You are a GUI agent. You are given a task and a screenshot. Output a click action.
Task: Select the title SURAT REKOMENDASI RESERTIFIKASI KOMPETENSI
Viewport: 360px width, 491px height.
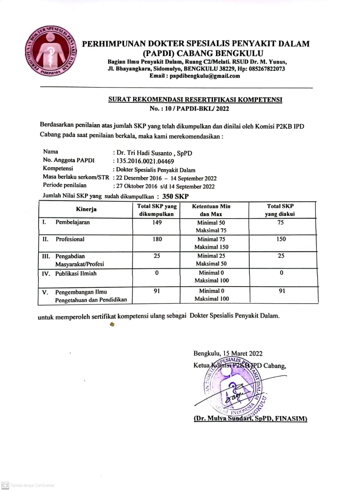pyautogui.click(x=195, y=100)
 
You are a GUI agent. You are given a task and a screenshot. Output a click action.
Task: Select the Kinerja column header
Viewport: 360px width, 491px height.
pyautogui.click(x=86, y=209)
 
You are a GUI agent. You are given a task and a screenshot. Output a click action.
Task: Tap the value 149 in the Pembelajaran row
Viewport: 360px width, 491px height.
pyautogui.click(x=157, y=222)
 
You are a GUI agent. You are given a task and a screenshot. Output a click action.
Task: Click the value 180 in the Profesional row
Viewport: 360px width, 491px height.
pyautogui.click(x=157, y=239)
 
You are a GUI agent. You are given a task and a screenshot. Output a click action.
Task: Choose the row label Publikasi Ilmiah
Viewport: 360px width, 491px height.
pyautogui.click(x=76, y=274)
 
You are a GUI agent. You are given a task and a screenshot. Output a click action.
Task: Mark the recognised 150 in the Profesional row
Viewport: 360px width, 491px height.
pyautogui.click(x=281, y=239)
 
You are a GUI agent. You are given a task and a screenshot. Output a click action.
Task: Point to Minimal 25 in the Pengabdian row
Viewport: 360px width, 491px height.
pyautogui.click(x=211, y=256)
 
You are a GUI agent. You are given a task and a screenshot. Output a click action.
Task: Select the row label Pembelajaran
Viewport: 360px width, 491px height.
pyautogui.click(x=73, y=222)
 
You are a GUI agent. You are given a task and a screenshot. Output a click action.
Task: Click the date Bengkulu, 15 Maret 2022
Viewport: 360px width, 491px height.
pyautogui.click(x=228, y=354)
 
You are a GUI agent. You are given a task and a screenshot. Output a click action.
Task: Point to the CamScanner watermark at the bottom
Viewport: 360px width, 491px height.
pyautogui.click(x=28, y=485)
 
